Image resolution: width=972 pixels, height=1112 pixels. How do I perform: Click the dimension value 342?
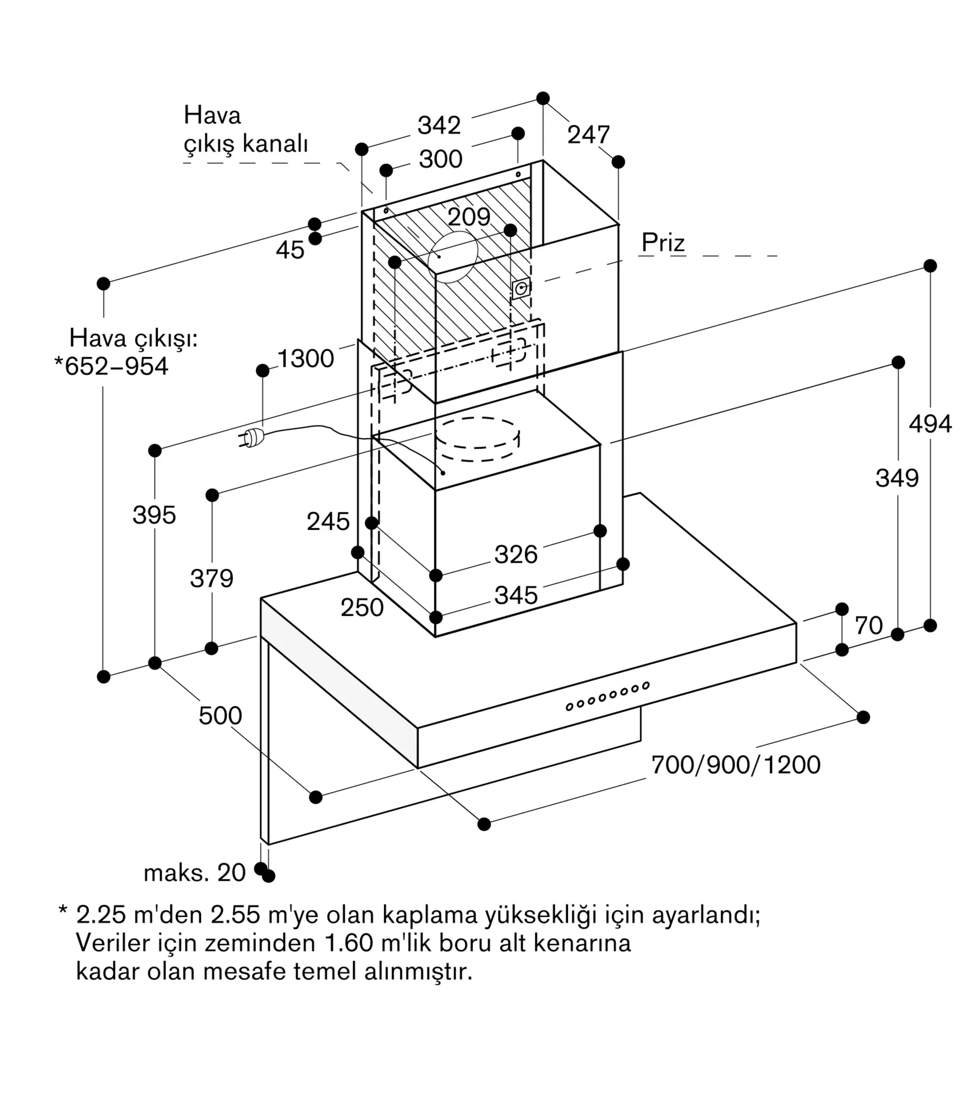439,126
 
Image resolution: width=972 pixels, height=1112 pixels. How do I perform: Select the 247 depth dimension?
589,135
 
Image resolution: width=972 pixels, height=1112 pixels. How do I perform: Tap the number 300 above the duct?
441,160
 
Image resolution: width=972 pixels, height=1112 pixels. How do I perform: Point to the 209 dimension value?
469,217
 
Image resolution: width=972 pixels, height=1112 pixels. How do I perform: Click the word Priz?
663,242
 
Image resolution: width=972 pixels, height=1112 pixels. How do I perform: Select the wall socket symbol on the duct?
521,289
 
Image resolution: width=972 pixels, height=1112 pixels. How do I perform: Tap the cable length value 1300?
306,359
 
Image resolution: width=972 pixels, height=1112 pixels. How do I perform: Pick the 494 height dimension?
930,424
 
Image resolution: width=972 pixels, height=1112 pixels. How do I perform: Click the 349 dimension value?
897,478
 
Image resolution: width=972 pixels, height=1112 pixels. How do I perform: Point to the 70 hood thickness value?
869,625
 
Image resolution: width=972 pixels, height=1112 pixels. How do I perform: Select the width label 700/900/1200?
736,765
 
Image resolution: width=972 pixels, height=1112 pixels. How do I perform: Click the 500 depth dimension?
220,716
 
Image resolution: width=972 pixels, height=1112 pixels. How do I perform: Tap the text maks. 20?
195,873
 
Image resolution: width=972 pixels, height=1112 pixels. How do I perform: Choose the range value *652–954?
111,366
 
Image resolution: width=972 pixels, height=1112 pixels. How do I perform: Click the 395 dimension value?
154,515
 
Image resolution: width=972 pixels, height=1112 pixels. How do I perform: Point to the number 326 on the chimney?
516,555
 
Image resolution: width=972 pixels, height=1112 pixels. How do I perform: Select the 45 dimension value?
290,250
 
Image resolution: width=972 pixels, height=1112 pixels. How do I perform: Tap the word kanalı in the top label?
276,144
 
